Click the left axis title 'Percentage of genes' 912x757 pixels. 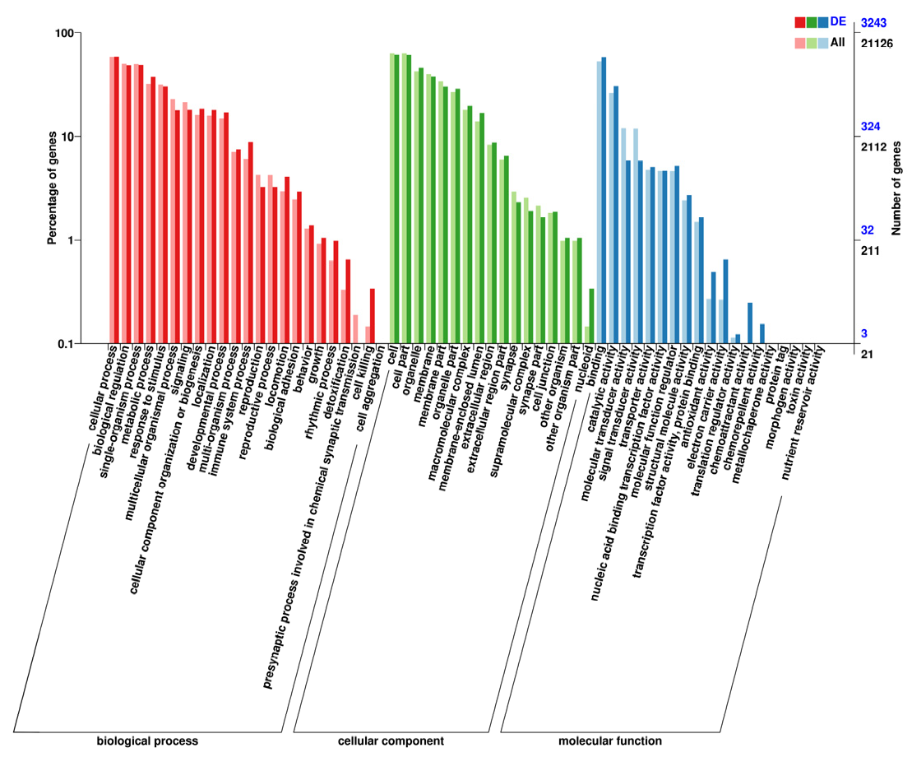point(52,188)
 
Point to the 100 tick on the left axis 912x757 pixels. point(63,33)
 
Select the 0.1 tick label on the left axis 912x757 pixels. point(63,344)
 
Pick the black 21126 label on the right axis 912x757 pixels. point(876,43)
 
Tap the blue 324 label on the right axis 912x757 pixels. point(870,127)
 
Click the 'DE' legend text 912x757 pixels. point(838,21)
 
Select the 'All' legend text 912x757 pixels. point(837,42)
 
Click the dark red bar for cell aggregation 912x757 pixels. point(373,316)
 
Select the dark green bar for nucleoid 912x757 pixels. point(592,316)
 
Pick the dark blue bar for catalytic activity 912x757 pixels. point(616,214)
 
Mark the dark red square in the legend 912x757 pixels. point(799,21)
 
